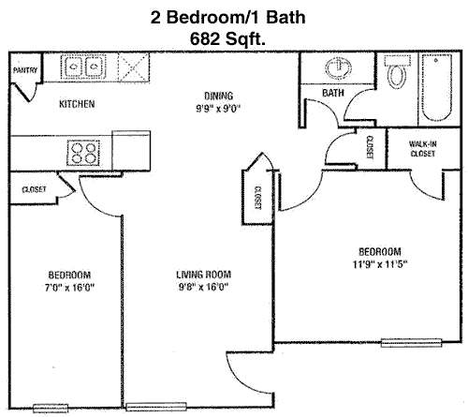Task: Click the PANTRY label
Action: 25,70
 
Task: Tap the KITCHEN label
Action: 77,104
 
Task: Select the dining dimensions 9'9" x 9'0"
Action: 218,109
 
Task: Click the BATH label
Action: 333,93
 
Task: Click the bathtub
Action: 436,88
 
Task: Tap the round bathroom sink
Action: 338,68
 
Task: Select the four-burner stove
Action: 83,153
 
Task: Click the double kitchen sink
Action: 83,67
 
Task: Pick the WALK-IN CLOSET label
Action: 423,149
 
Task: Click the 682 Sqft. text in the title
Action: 227,39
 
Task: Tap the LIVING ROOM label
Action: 203,275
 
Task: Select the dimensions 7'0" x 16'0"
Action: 69,287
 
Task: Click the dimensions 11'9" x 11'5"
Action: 380,264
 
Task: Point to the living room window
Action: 156,407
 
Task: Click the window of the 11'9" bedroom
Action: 412,343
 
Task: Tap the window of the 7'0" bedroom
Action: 51,408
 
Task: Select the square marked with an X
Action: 134,67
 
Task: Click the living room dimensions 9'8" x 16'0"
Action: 203,287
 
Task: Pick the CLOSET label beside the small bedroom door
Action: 34,189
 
